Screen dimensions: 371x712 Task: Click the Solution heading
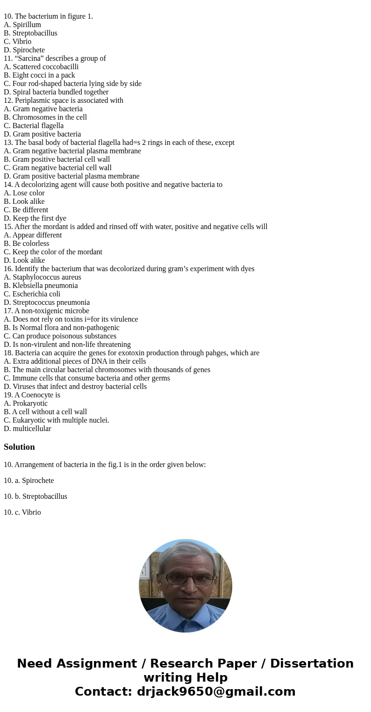tap(19, 447)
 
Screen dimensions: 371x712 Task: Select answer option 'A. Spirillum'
tap(22, 25)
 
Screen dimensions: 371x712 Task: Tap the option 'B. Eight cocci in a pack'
tap(39, 75)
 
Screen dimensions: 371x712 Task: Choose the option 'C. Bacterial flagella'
tap(34, 126)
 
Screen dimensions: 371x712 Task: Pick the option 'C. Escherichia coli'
tap(32, 294)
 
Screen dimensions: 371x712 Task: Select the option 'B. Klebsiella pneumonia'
tap(41, 286)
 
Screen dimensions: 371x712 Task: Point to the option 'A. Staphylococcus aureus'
tap(43, 277)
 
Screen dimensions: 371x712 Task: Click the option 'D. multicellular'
tap(27, 429)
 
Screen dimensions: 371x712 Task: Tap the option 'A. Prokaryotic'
tap(26, 403)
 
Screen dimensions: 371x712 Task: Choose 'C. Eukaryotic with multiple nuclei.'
tap(57, 420)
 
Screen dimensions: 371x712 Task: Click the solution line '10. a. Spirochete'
tap(29, 481)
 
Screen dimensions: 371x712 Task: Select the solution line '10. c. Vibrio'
tap(22, 512)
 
